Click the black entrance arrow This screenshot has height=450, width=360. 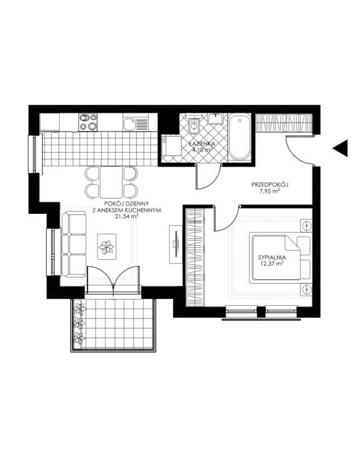(341, 148)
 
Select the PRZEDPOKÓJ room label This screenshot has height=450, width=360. (270, 184)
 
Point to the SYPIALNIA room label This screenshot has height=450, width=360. (272, 258)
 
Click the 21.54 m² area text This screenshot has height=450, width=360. (126, 216)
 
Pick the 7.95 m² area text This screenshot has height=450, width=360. (270, 191)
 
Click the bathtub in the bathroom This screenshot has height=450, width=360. (240, 137)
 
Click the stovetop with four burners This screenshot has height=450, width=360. (88, 122)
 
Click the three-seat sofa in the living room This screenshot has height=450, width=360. (74, 244)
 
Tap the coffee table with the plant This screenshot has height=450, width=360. (107, 247)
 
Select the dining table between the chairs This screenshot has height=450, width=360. (112, 182)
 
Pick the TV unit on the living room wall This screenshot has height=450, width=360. (175, 244)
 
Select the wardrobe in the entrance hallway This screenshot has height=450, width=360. (283, 122)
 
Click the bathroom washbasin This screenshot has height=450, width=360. (215, 119)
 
